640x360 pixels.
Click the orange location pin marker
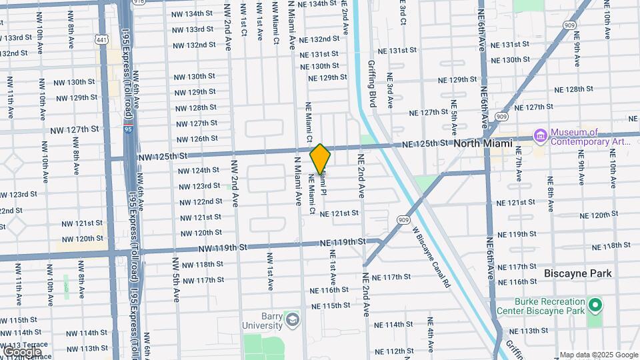click(321, 159)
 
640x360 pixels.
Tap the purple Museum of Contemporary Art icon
click(540, 137)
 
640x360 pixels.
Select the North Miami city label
click(483, 143)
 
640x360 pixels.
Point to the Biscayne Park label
click(578, 273)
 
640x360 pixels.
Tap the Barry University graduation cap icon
click(291, 321)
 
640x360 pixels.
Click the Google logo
click(22, 351)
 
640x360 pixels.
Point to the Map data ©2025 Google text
click(598, 355)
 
